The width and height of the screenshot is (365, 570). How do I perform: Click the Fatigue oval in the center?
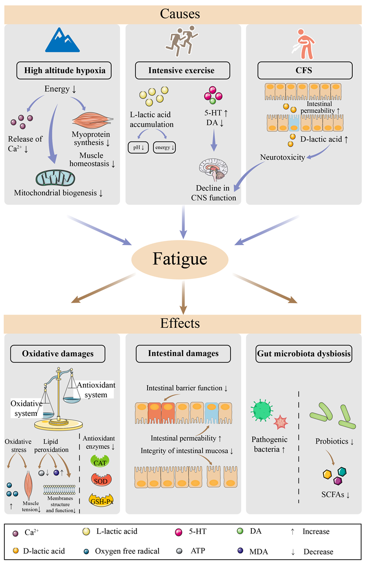[182, 259]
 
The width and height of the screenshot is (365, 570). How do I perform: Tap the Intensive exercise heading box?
[182, 71]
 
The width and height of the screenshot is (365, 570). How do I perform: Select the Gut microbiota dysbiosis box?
[304, 354]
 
